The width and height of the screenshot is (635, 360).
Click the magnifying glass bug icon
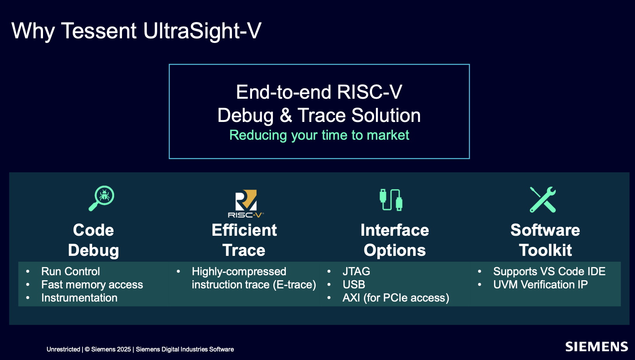click(101, 198)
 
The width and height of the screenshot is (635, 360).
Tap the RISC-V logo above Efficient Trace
click(246, 204)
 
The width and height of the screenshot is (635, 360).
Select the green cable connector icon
click(391, 200)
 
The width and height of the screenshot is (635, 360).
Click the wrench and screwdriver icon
click(542, 200)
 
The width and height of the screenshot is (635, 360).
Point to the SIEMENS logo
click(596, 347)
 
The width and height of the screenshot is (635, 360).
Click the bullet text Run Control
click(70, 271)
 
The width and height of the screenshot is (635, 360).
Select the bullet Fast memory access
click(92, 285)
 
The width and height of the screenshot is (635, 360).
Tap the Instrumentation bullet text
click(79, 298)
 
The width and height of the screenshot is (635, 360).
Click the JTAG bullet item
click(356, 271)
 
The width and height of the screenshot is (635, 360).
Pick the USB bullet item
click(354, 285)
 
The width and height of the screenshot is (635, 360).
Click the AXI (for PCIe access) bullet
click(396, 298)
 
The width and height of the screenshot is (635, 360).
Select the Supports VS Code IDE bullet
click(549, 272)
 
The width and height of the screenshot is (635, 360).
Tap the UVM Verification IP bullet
click(541, 285)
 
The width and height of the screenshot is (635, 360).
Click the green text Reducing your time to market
click(319, 135)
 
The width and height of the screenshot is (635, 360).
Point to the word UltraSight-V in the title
click(202, 31)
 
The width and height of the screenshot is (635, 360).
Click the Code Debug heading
click(93, 240)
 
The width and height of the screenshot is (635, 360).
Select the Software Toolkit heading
click(545, 240)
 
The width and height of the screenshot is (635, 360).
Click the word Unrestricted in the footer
click(63, 349)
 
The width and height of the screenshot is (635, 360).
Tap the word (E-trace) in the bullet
click(295, 285)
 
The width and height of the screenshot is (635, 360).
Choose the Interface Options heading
click(395, 240)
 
